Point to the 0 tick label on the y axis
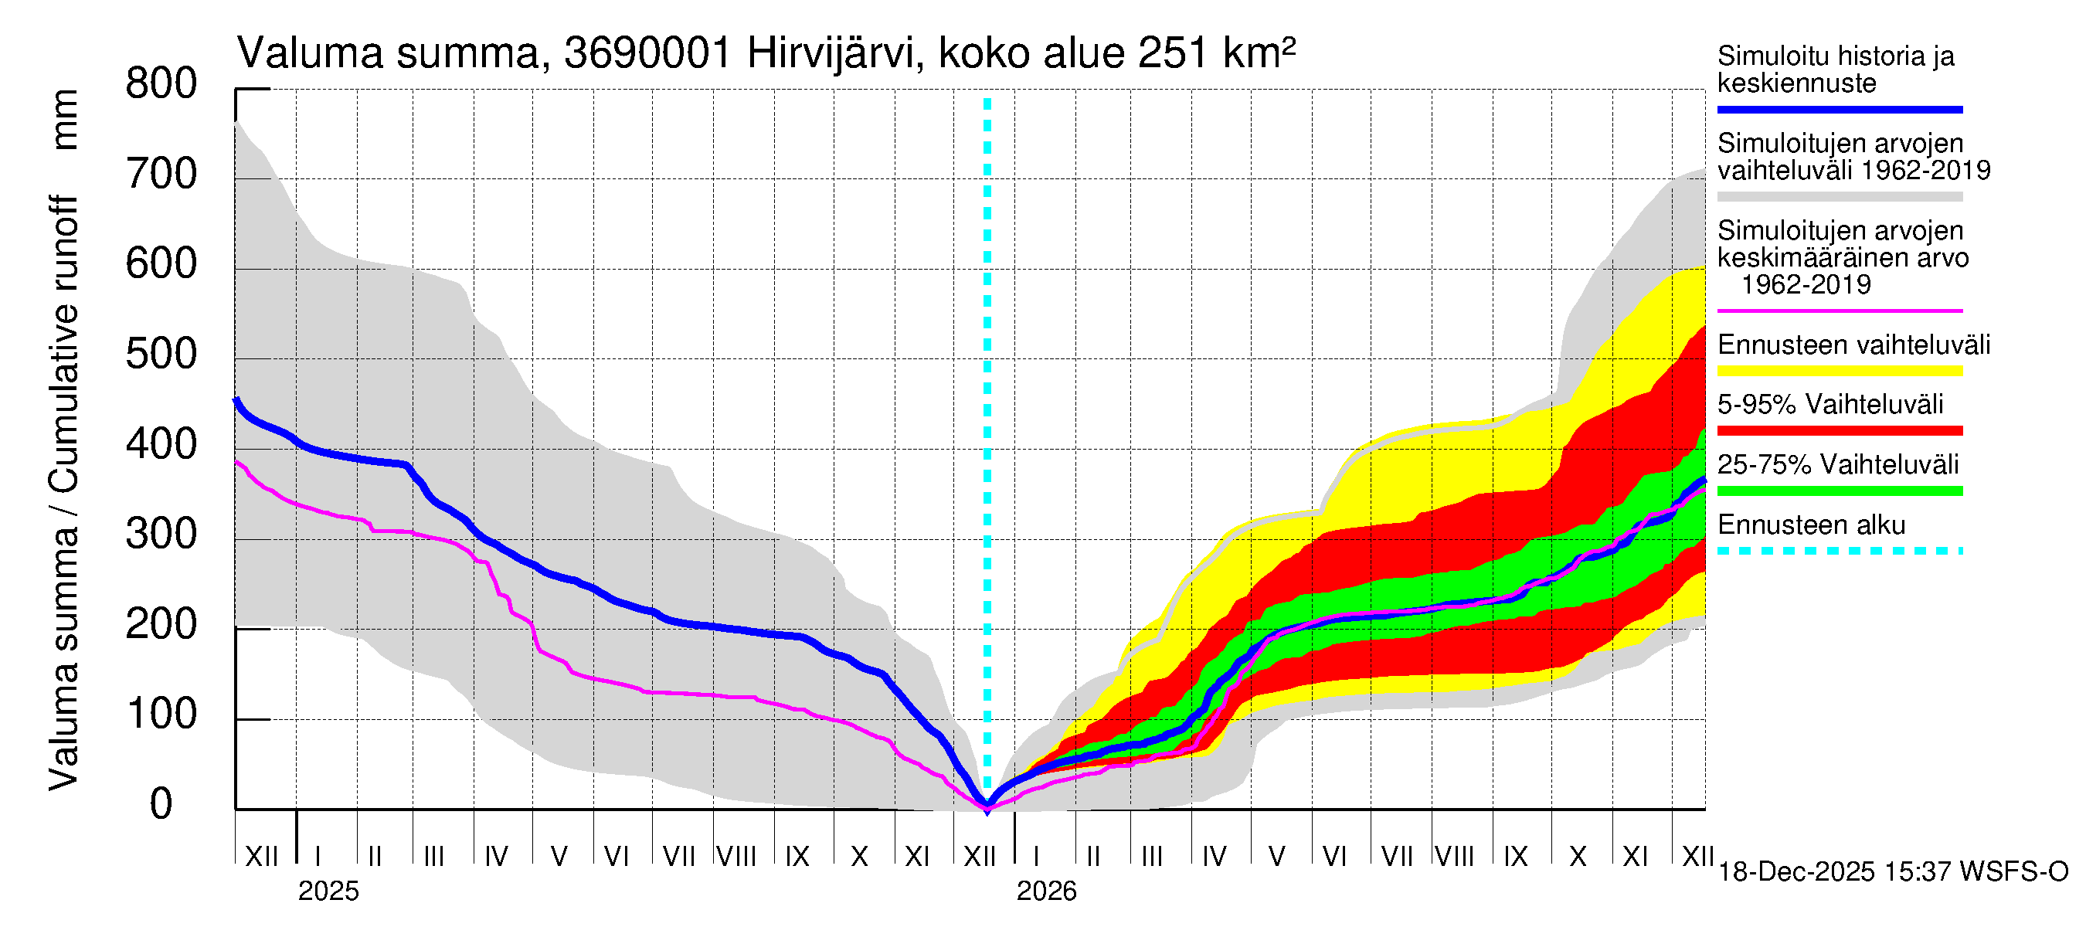click(161, 804)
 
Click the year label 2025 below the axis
click(328, 891)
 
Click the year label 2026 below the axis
click(1046, 891)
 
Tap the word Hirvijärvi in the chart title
click(834, 54)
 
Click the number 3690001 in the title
click(648, 54)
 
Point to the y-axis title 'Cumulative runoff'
click(63, 344)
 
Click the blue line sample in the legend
click(1840, 109)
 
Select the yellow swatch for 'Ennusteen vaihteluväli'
click(1840, 372)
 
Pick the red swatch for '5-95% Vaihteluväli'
click(1840, 431)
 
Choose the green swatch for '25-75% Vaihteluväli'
click(1840, 491)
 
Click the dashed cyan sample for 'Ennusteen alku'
click(1840, 552)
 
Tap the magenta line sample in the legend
click(1840, 311)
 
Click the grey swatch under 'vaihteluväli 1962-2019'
click(1840, 197)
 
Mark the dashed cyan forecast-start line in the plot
click(987, 405)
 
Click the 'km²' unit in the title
click(1259, 54)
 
